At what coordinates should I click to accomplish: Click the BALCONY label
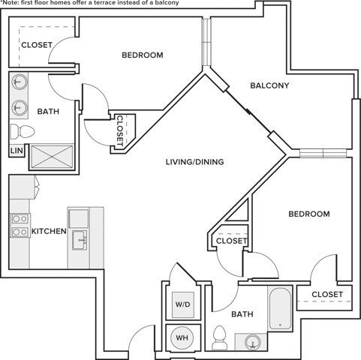269,85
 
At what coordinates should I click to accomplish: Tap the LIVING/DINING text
195,162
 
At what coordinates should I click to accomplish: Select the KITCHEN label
49,231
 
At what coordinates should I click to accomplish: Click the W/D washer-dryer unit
183,304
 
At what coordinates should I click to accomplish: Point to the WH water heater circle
182,337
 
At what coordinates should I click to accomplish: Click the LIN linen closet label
17,151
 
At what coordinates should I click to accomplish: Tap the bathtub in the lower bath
280,308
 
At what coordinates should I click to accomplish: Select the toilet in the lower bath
219,337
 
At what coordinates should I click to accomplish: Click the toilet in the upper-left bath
23,131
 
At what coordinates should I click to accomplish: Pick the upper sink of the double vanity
20,81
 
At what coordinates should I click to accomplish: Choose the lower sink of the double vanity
20,107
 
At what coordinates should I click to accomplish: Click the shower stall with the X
52,157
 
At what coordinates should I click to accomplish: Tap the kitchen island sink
80,240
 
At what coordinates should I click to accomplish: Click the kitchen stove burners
20,226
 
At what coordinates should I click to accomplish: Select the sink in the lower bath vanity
252,341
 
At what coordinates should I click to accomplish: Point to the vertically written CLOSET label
120,130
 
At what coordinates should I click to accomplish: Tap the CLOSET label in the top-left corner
37,45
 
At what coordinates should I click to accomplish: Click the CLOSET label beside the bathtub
327,294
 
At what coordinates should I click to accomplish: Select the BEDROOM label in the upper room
143,55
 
